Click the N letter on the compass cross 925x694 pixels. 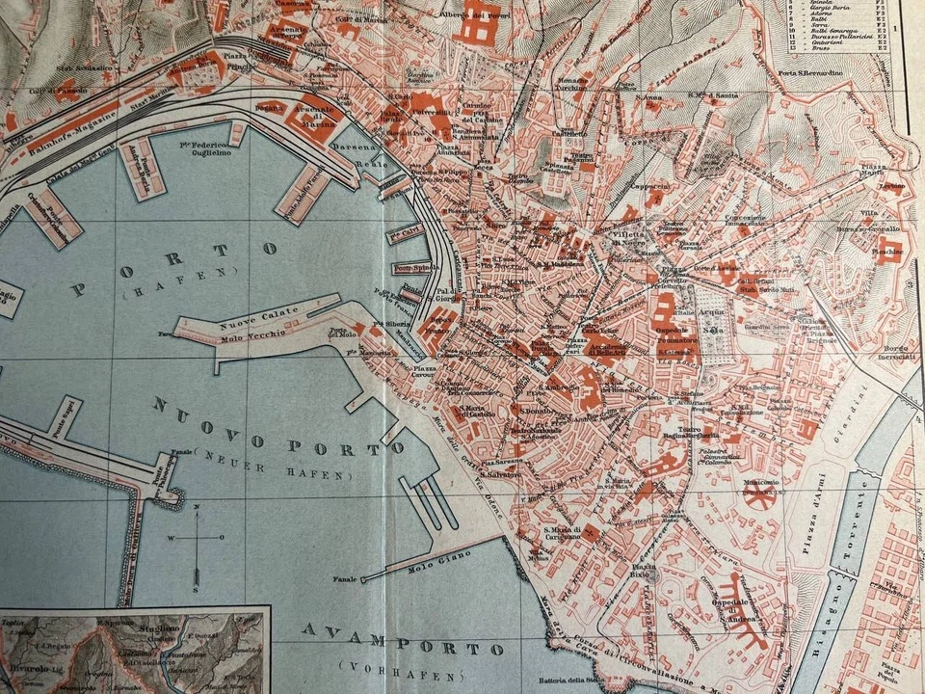[196, 507]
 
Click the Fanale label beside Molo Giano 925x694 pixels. [341, 579]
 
